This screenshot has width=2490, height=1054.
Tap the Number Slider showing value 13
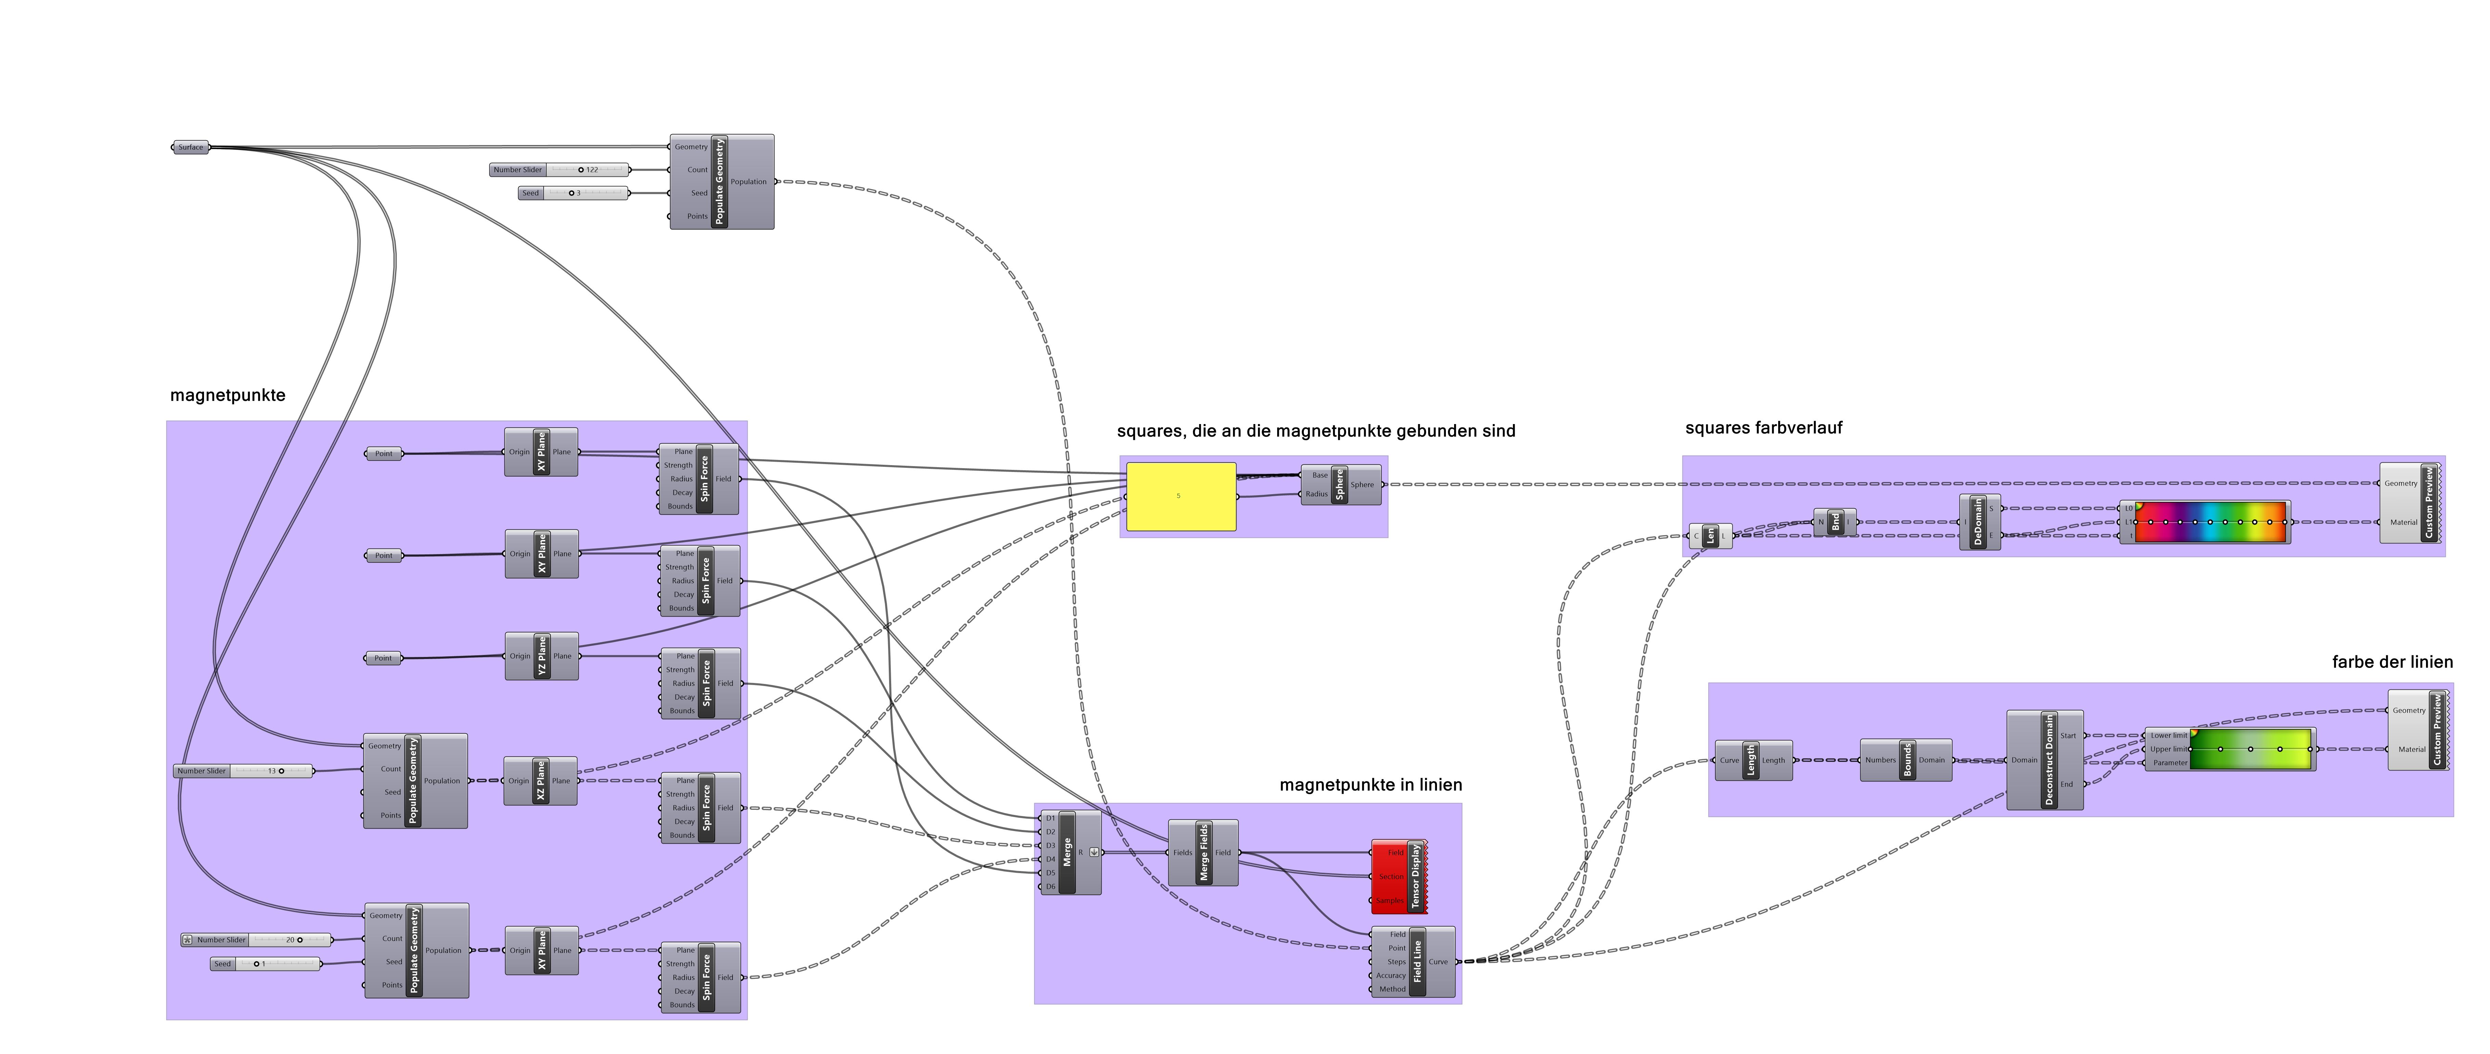[x=244, y=771]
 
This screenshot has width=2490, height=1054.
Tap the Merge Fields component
[x=1204, y=852]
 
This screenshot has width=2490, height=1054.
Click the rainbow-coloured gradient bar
[x=2209, y=522]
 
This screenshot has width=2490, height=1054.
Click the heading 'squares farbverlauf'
[x=1763, y=428]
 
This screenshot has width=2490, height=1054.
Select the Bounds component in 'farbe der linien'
[x=1906, y=760]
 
